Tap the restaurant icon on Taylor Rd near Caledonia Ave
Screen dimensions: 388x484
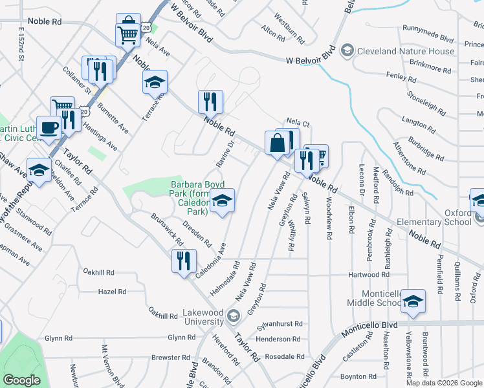point(184,261)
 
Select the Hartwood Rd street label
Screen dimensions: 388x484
point(368,275)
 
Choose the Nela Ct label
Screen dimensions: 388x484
point(298,122)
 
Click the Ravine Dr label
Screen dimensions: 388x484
point(230,152)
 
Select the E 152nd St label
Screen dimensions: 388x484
point(21,45)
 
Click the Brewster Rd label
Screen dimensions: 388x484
point(170,357)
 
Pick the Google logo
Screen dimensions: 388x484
point(21,380)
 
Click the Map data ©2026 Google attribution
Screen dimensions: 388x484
point(443,383)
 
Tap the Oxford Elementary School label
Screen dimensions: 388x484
point(457,218)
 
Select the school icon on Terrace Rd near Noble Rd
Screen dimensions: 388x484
point(155,83)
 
